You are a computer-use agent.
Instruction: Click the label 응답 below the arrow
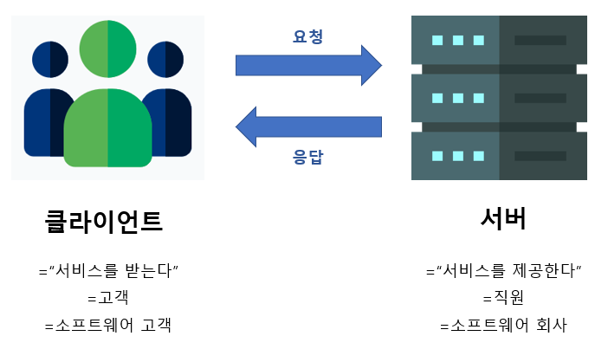point(308,158)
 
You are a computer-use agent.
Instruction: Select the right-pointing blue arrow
point(308,65)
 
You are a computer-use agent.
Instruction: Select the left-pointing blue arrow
point(308,126)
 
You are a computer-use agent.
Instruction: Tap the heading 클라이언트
point(104,222)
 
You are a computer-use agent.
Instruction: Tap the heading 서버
point(503,219)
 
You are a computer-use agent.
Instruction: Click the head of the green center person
point(107,48)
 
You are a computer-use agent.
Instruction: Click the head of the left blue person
point(50,59)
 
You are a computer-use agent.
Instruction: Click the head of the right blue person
point(165,59)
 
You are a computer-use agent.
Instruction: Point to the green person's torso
point(107,130)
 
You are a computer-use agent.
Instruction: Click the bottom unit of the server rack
point(499,156)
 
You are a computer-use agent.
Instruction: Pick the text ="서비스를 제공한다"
point(503,270)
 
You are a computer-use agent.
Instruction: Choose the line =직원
point(503,298)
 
